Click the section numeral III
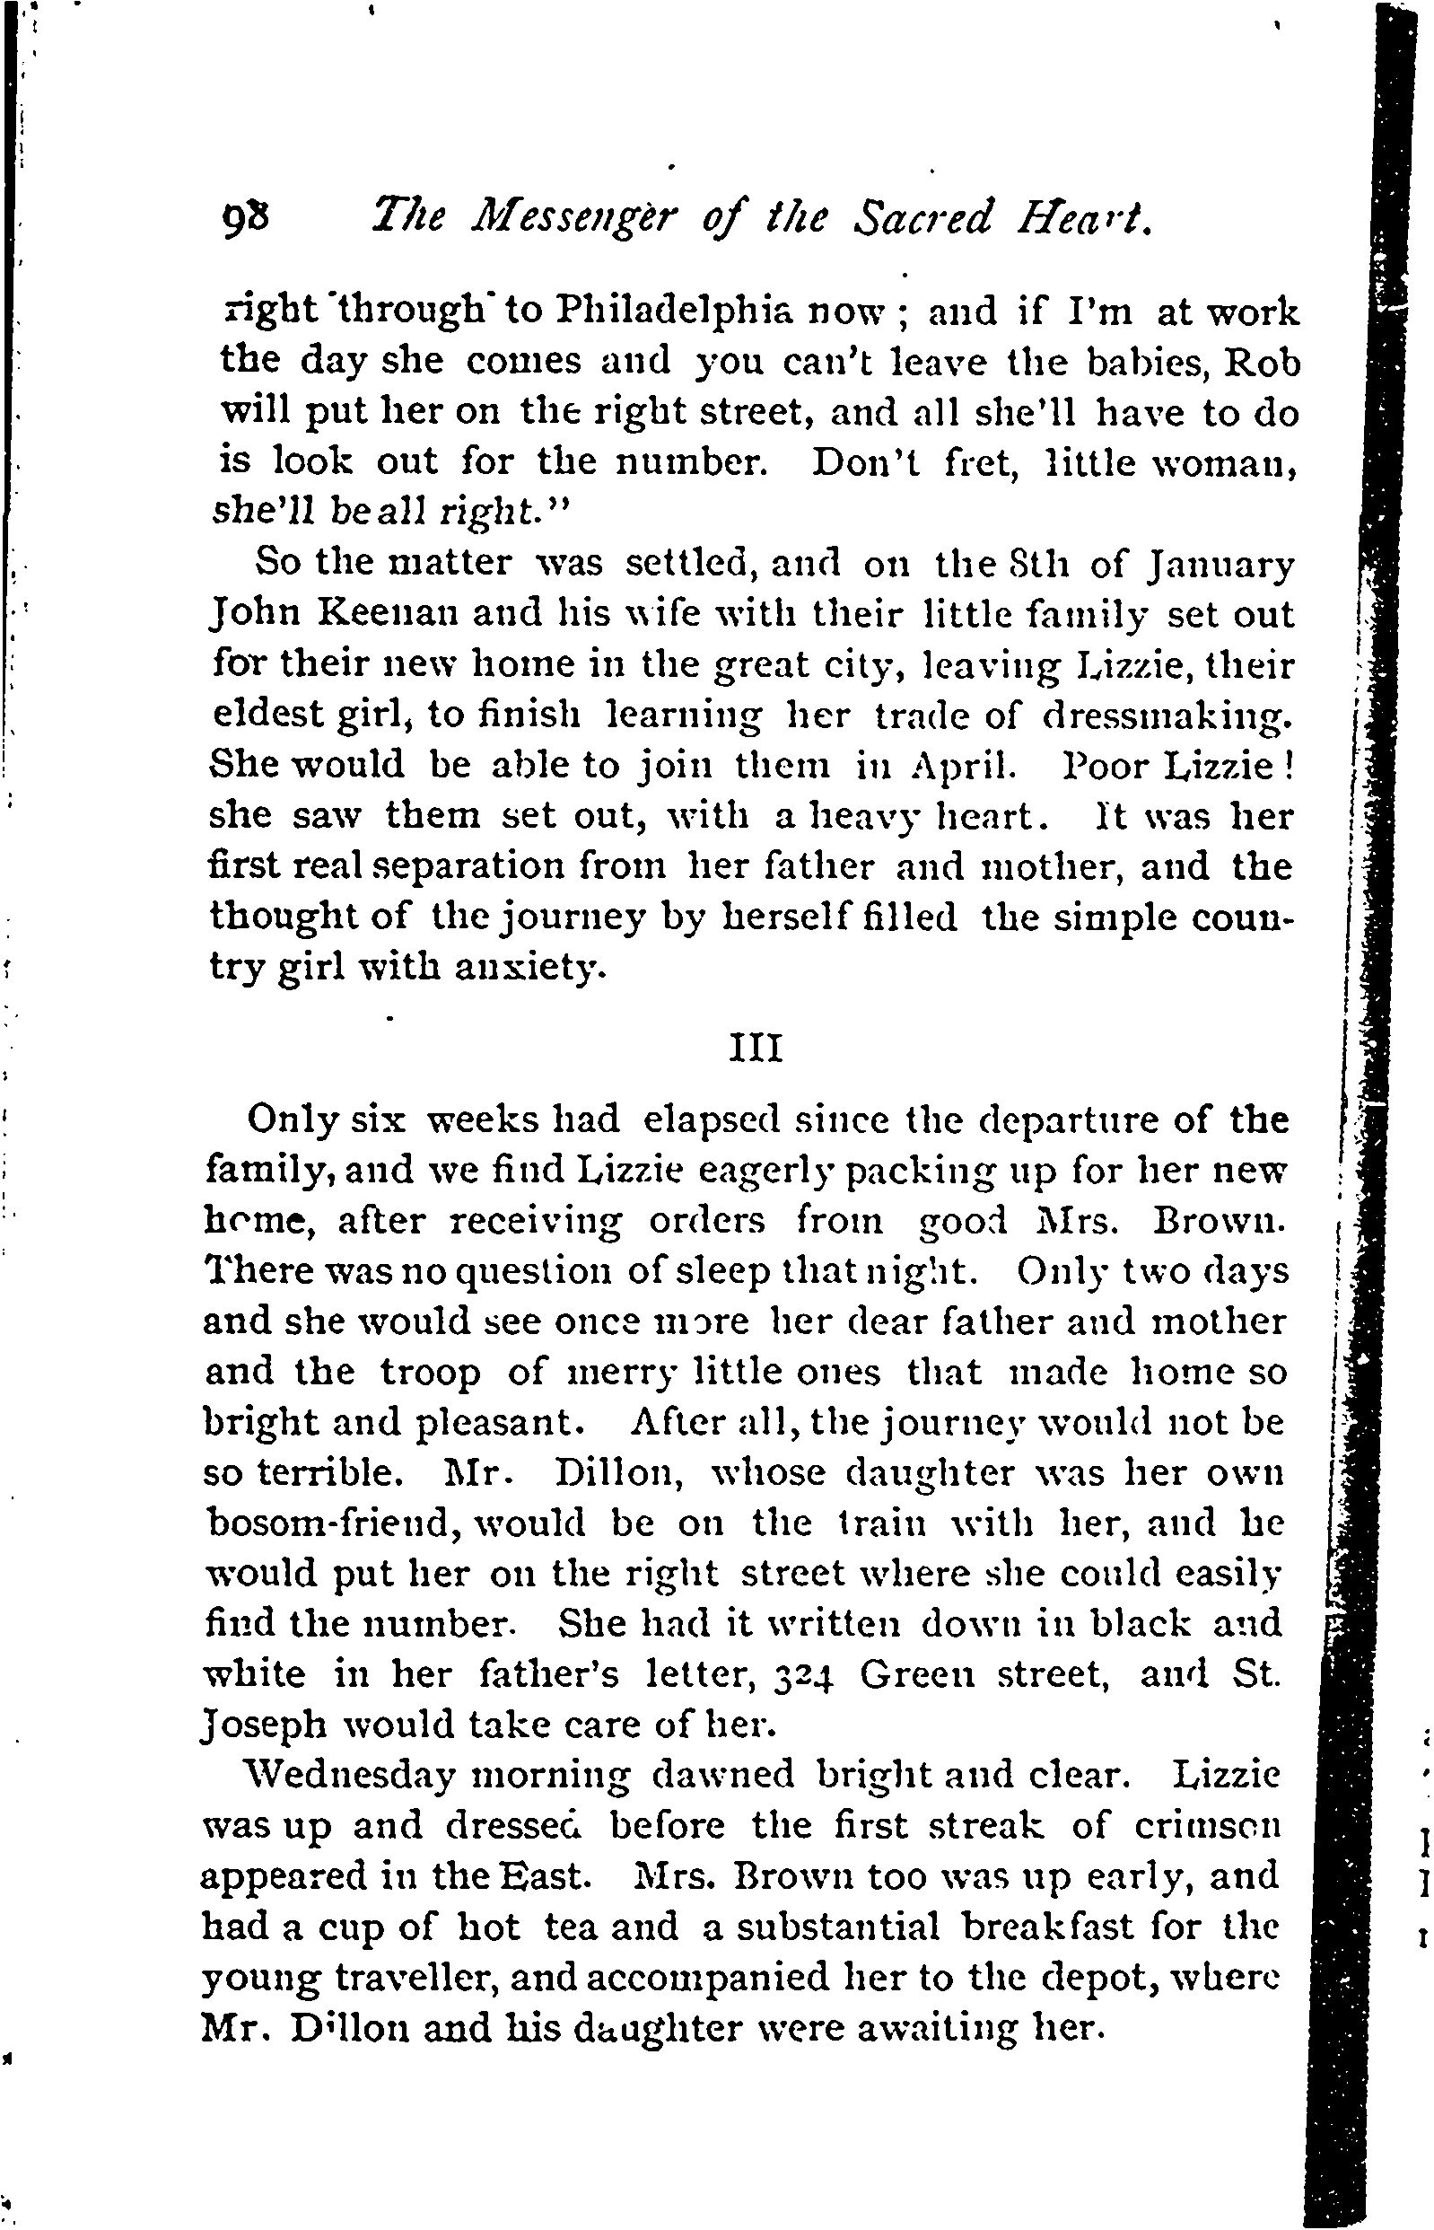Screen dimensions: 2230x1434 tap(755, 1049)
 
